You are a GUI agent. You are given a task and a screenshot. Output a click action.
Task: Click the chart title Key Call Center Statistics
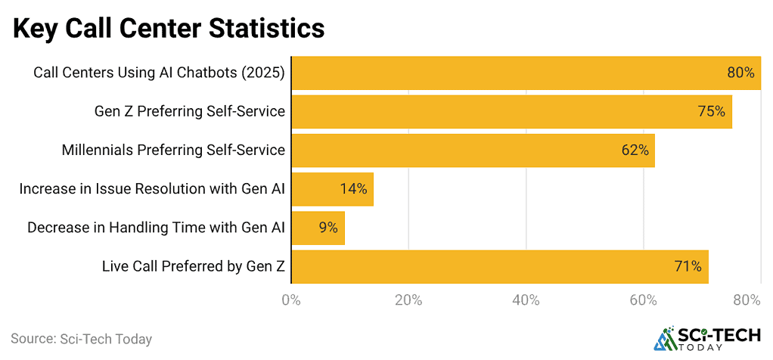click(168, 29)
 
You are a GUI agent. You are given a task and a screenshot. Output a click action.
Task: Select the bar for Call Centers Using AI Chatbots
click(525, 73)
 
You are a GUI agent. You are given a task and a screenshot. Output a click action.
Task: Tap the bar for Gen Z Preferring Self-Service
click(511, 111)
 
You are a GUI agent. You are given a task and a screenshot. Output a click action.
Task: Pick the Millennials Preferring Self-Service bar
click(472, 150)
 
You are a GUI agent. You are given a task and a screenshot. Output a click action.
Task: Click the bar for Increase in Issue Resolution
click(332, 189)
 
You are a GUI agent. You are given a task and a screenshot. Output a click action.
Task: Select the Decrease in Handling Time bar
click(318, 228)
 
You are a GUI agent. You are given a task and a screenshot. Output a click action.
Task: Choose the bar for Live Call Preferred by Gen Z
click(499, 266)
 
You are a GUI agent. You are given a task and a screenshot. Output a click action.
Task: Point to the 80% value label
click(740, 73)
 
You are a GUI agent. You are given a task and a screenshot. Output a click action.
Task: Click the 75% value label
click(711, 111)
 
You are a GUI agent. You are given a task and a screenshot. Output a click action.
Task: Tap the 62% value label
click(635, 150)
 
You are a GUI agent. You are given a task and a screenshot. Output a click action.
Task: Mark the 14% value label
click(353, 189)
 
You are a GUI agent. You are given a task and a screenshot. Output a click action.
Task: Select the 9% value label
click(328, 228)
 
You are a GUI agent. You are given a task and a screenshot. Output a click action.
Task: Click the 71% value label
click(688, 266)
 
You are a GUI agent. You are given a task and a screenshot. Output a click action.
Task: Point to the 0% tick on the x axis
click(291, 300)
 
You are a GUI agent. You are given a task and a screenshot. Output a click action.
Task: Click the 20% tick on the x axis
click(408, 300)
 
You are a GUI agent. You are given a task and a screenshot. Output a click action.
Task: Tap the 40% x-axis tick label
click(526, 300)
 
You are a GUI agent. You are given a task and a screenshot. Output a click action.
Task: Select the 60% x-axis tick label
click(643, 300)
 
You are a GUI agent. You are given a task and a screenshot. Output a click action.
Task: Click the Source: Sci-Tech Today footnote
click(81, 339)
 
